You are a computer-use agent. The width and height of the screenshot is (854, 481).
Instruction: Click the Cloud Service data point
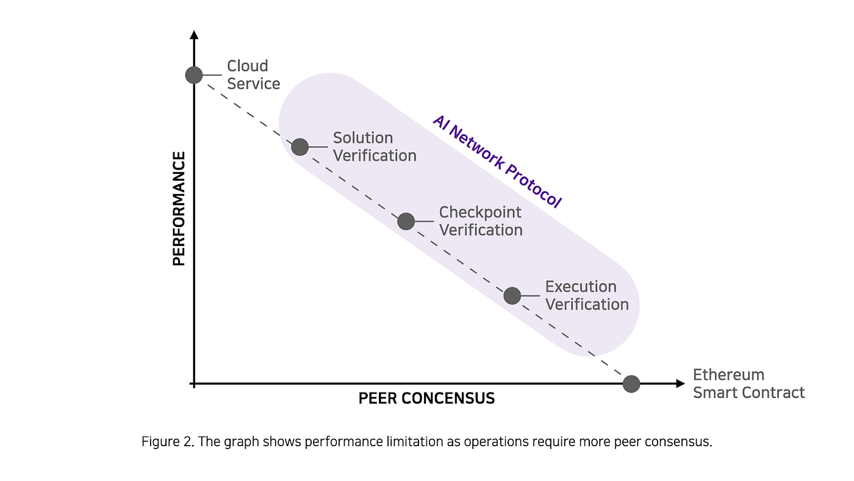(x=194, y=75)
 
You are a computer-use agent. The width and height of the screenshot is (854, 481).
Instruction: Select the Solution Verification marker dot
(x=300, y=147)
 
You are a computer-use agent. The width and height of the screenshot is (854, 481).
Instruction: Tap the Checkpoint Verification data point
(x=406, y=221)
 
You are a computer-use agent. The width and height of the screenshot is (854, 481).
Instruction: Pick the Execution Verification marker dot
(x=512, y=295)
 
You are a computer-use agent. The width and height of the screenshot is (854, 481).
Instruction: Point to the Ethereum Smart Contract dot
(x=631, y=384)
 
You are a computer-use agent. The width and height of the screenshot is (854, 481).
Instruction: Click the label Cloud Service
(x=253, y=74)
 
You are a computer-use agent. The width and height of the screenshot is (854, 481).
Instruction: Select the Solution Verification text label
(x=375, y=147)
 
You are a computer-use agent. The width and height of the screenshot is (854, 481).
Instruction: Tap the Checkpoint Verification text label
(x=481, y=221)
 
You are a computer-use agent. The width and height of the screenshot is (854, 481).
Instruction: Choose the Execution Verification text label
(x=587, y=295)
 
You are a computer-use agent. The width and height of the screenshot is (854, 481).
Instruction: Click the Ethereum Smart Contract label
(x=748, y=384)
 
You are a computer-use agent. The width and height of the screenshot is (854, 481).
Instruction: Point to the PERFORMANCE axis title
(x=179, y=209)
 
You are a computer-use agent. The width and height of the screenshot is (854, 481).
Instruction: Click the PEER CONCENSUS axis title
(x=426, y=399)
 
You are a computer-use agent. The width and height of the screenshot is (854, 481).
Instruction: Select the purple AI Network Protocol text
(x=497, y=161)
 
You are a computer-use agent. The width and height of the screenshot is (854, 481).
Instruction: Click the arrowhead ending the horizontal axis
(x=681, y=384)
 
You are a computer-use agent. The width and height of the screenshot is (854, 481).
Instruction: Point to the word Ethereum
(x=728, y=375)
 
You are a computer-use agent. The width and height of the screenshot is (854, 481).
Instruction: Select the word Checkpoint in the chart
(x=480, y=212)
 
